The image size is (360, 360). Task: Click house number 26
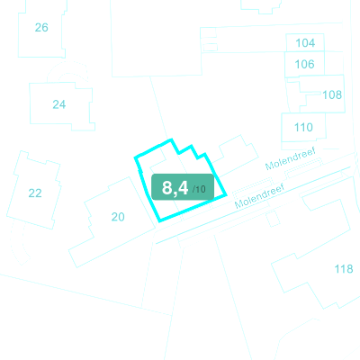tap(41, 28)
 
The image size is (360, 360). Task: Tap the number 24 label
tap(59, 104)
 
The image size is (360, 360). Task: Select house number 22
tap(35, 193)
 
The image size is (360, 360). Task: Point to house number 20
tap(118, 217)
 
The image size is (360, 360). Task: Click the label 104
tap(305, 43)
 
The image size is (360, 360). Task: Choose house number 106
tap(304, 64)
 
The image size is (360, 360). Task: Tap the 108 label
tap(332, 94)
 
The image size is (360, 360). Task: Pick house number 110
tap(303, 127)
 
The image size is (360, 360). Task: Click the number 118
tap(344, 269)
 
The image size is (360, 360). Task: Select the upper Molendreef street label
tap(291, 159)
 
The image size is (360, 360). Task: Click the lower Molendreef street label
tap(259, 196)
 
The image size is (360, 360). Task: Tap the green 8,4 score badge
tap(183, 187)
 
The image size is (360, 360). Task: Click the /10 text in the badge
tap(199, 189)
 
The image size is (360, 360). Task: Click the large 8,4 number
tap(175, 188)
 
